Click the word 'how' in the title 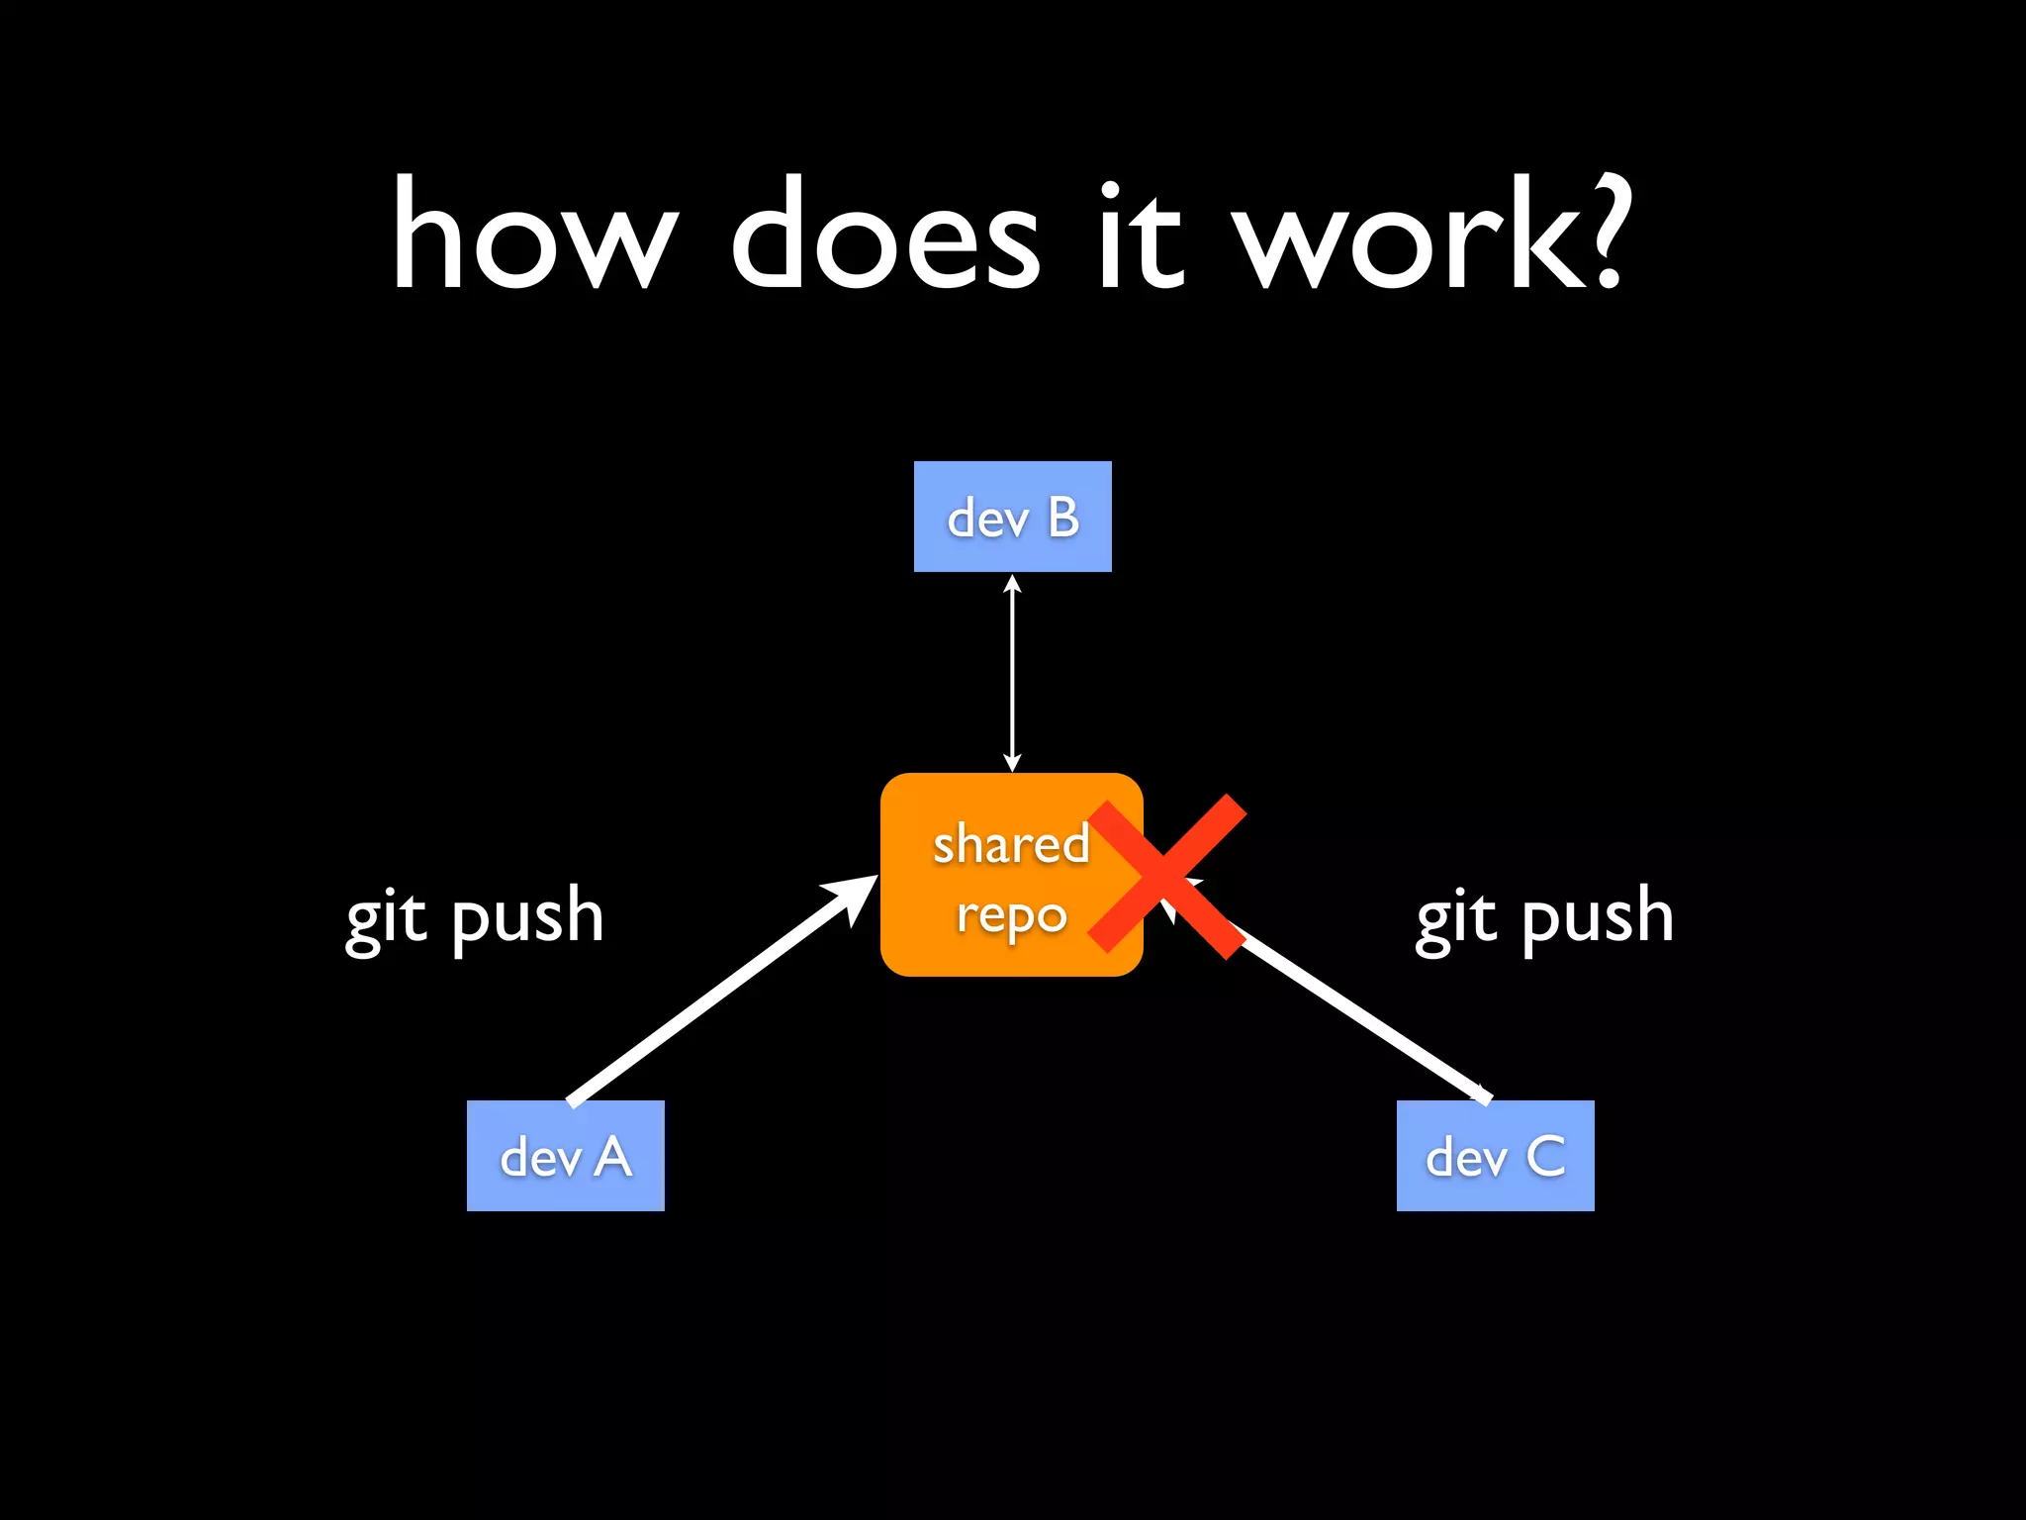[534, 237]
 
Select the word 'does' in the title [884, 237]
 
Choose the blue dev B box [1012, 516]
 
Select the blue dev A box [565, 1155]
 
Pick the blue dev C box [1495, 1155]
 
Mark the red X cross [1167, 875]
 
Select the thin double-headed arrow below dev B [1012, 673]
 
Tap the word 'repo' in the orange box [1011, 916]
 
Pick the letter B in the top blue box [1063, 517]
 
